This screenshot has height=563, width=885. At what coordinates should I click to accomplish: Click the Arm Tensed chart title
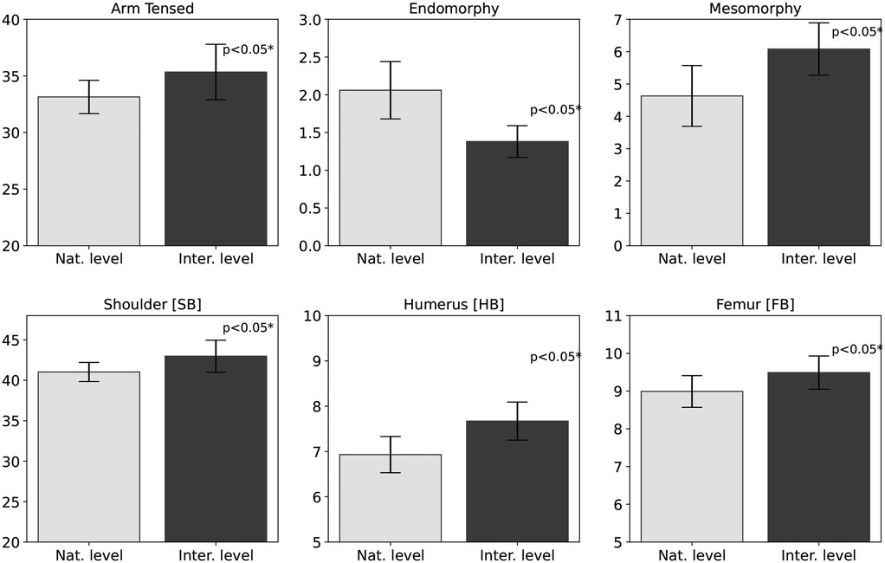point(152,8)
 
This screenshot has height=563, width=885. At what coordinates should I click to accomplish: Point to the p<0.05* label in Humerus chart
point(555,357)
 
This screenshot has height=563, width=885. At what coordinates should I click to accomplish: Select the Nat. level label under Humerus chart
point(390,555)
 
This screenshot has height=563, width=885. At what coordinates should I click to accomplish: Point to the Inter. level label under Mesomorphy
point(818,259)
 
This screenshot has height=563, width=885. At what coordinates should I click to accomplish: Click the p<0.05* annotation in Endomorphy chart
point(555,110)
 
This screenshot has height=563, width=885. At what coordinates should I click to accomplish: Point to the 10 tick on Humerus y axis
point(313,316)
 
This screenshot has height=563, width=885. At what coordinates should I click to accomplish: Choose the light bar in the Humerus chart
point(390,498)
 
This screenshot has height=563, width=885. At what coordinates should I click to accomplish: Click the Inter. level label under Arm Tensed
point(216,259)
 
